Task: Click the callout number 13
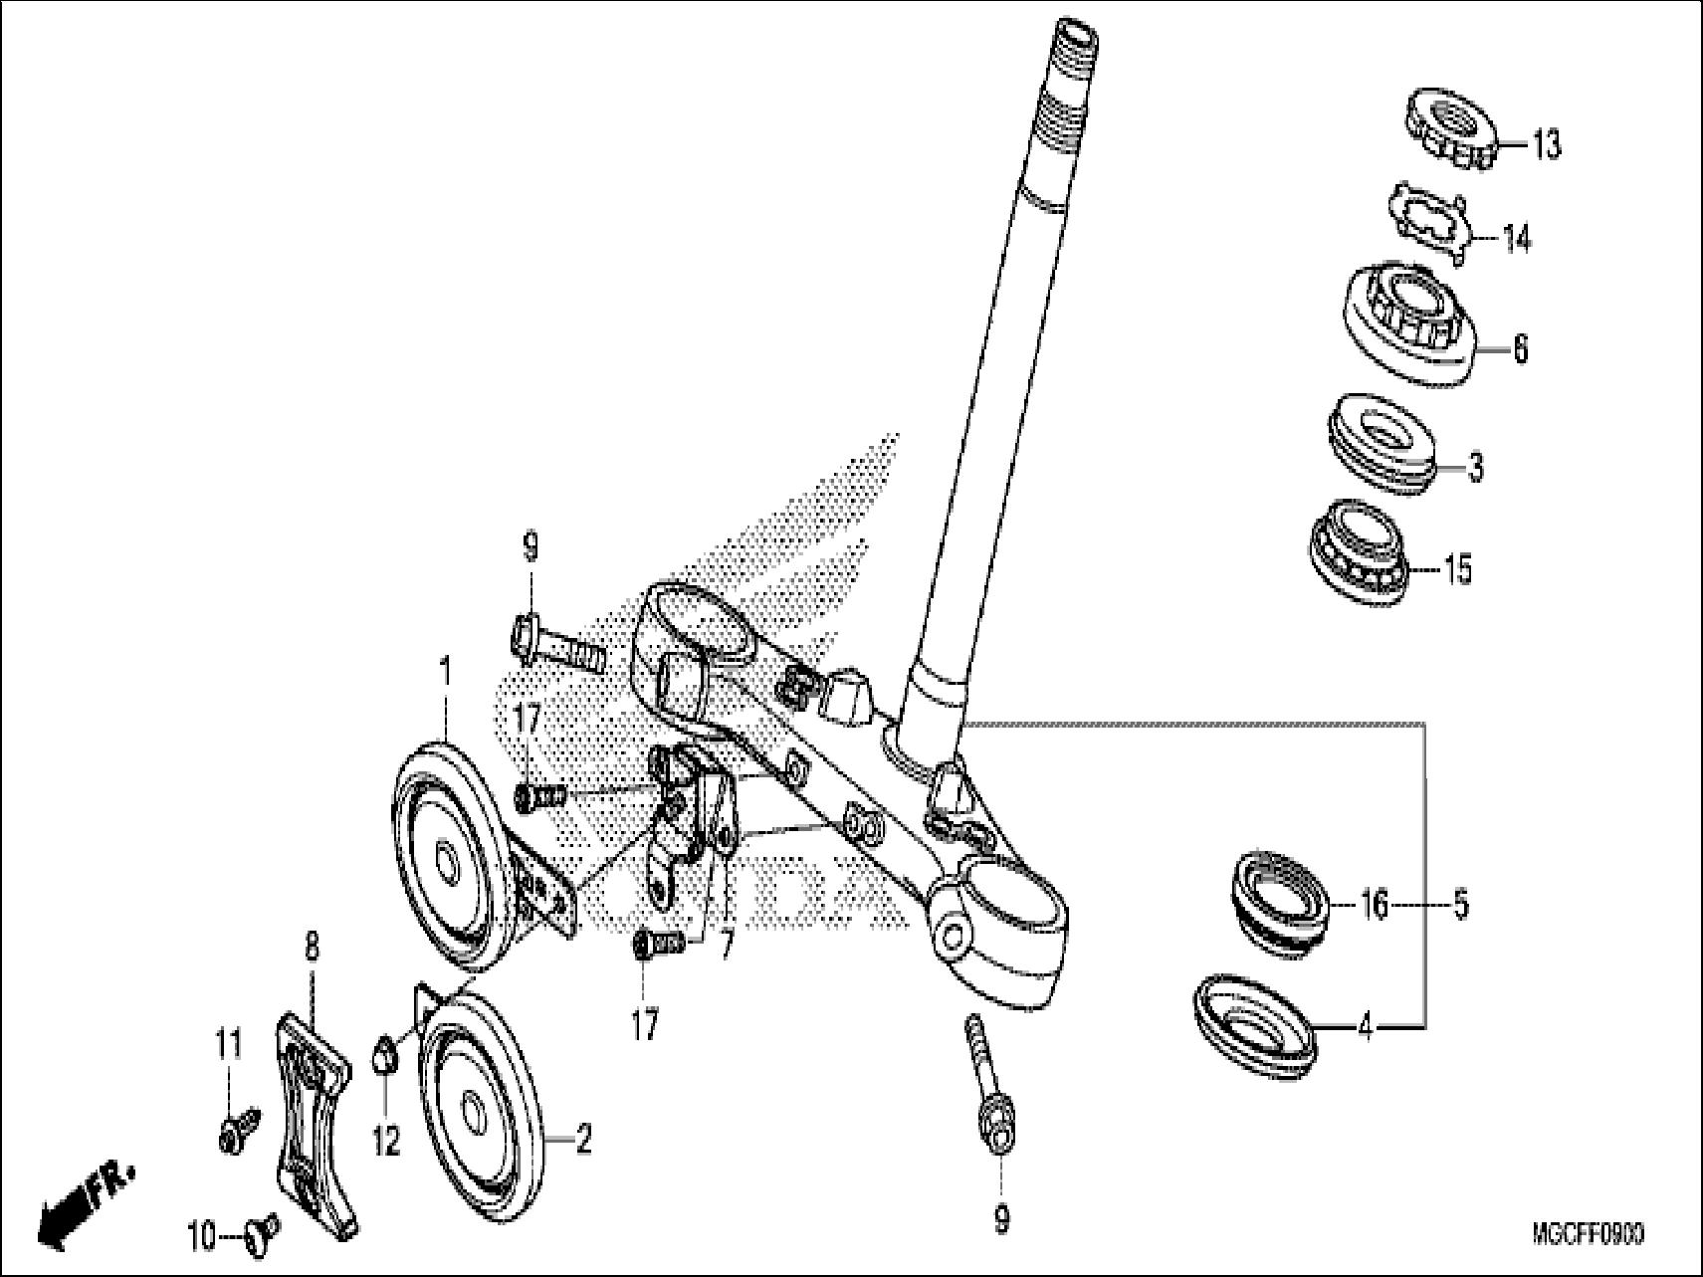(x=1546, y=146)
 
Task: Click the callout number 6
(x=1520, y=349)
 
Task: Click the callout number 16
(x=1375, y=907)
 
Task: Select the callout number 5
(x=1460, y=907)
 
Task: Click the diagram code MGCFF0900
(x=1588, y=1235)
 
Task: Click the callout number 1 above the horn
(x=445, y=673)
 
